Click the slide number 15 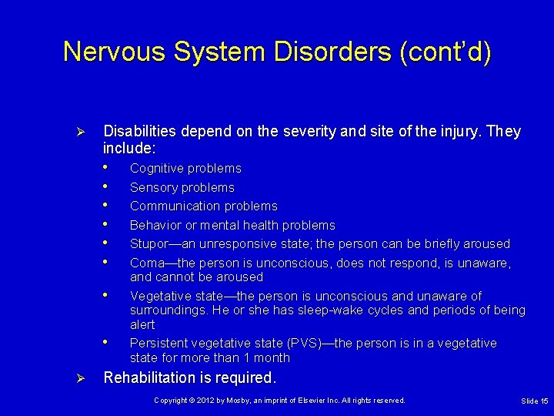[x=543, y=401]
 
